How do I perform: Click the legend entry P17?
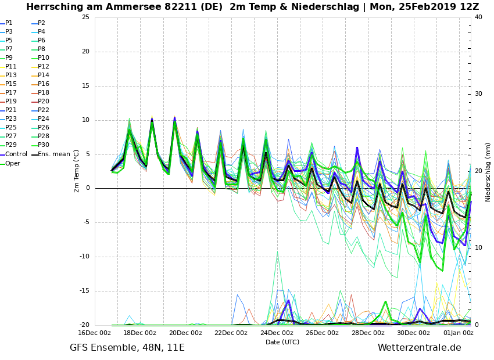pos(11,93)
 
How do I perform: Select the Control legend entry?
pos(16,154)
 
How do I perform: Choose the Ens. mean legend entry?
pos(54,154)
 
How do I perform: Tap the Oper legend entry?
pos(13,164)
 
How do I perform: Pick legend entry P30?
pos(44,145)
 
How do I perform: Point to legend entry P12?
pos(44,67)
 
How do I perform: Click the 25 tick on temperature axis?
pos(85,17)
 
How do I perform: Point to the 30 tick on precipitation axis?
pos(478,94)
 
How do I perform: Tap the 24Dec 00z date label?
pos(277,333)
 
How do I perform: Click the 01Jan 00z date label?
pos(458,333)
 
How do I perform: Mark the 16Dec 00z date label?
pos(94,333)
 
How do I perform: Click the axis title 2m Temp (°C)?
pos(77,171)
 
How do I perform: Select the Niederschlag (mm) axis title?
pos(488,172)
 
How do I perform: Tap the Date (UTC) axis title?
pos(282,342)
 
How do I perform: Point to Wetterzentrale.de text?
pos(419,348)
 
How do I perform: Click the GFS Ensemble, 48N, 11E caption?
pos(127,348)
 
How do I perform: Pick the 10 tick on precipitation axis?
pos(478,248)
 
